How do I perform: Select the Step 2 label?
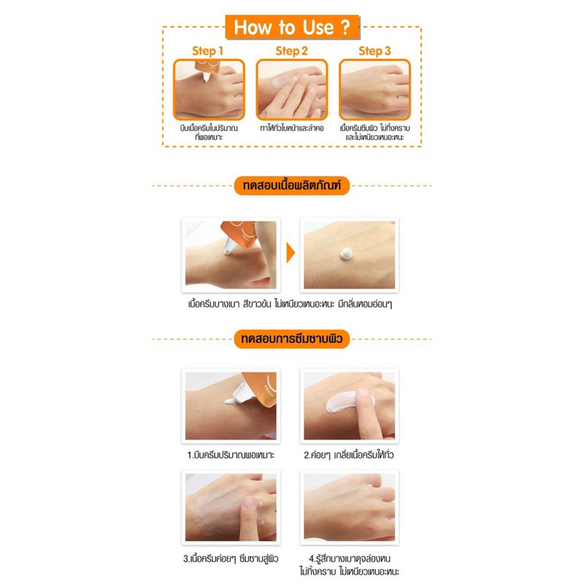pos(291,51)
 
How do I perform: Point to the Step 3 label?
pos(375,51)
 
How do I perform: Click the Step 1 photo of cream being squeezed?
pos(209,88)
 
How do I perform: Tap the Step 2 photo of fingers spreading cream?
pos(292,88)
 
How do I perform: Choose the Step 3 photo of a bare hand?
pos(375,88)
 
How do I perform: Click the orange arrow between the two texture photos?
pos(291,254)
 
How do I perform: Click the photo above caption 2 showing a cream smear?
pos(349,404)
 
